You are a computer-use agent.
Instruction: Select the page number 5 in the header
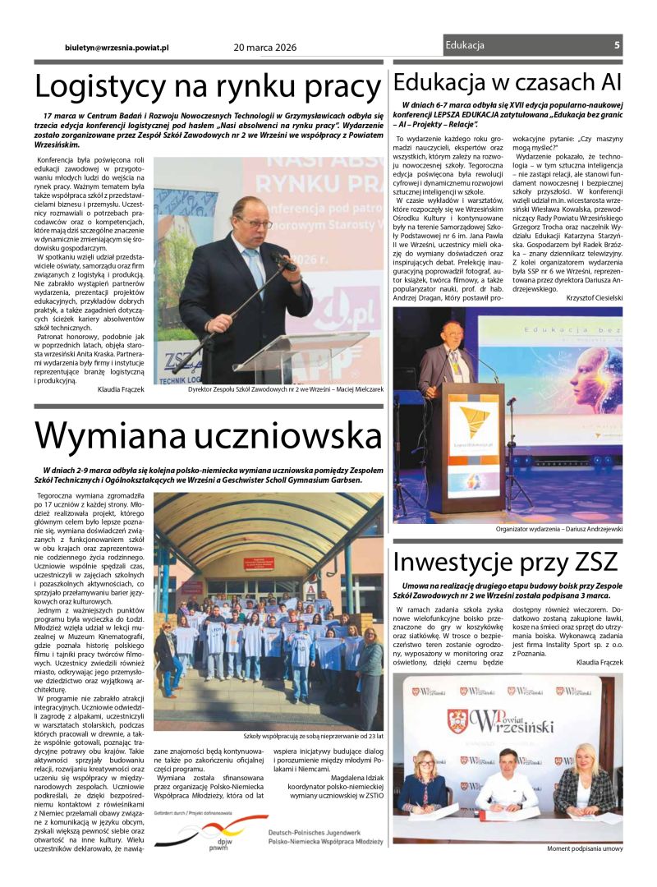point(616,45)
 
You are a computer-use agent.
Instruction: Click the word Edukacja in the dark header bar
point(465,45)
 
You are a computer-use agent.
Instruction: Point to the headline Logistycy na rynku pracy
point(207,86)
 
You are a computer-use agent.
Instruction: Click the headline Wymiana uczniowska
point(207,435)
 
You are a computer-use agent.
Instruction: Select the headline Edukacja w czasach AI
point(507,82)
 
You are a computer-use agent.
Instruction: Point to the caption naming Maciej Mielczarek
point(285,389)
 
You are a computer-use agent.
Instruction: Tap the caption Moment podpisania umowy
point(585,848)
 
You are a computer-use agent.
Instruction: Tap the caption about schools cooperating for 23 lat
point(313,736)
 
